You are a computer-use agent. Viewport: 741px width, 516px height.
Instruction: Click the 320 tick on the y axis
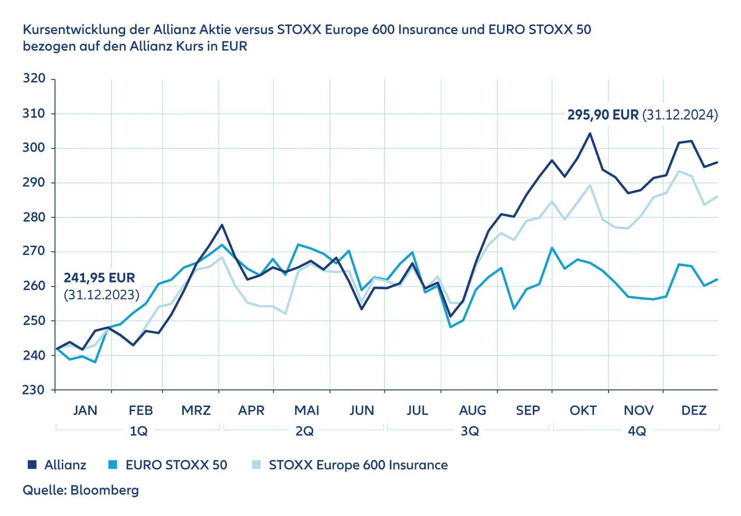[x=34, y=78]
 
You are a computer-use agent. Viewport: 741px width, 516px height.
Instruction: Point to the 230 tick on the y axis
[x=34, y=390]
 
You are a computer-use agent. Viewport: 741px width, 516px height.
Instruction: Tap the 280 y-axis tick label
[x=34, y=217]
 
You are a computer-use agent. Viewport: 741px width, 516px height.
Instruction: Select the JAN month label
[x=85, y=411]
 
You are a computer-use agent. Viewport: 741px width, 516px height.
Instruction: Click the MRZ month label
[x=196, y=411]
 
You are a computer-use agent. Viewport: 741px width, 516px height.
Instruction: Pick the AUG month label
[x=473, y=411]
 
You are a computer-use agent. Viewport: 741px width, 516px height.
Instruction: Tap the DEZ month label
[x=694, y=411]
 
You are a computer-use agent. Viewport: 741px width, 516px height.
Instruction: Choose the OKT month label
[x=583, y=411]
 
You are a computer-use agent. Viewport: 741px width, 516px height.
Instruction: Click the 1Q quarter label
[x=139, y=431]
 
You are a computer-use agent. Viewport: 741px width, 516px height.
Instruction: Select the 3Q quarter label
[x=470, y=431]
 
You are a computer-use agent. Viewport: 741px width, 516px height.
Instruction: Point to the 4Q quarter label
[x=637, y=431]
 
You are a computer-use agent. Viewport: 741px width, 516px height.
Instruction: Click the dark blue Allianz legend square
[x=32, y=465]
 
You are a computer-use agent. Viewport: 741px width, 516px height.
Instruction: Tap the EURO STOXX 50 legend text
[x=176, y=465]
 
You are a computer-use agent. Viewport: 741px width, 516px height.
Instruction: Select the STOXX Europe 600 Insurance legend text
[x=358, y=465]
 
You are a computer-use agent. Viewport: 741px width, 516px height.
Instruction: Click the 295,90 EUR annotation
[x=602, y=115]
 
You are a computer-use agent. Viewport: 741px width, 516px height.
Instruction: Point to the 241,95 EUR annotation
[x=99, y=278]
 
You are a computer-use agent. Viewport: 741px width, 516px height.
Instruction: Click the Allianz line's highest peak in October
[x=590, y=133]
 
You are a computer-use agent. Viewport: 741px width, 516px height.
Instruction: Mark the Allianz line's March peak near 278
[x=222, y=225]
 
